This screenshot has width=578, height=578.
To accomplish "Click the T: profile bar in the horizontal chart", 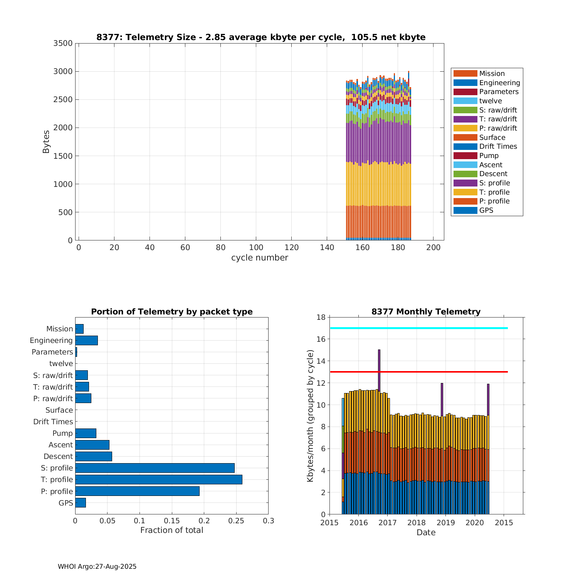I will tap(159, 479).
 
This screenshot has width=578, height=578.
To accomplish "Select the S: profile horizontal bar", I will tap(155, 468).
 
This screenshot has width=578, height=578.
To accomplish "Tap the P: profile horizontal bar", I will tap(137, 491).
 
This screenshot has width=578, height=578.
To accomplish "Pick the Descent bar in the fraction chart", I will tap(94, 456).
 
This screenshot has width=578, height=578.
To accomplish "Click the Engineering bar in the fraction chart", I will tap(86, 340).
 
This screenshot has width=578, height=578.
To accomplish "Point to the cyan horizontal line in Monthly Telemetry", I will tap(419, 328).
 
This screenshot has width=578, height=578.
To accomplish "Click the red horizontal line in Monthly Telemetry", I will tap(419, 372).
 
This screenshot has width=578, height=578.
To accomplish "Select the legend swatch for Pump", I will tap(465, 156).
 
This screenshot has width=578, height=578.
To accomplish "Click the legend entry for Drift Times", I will tap(498, 146).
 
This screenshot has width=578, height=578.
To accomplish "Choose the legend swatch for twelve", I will tap(465, 101).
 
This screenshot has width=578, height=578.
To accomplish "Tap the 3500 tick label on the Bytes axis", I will tap(63, 43).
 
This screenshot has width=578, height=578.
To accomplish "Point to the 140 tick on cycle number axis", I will tap(327, 247).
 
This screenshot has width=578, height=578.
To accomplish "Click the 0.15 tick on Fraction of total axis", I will tap(172, 521).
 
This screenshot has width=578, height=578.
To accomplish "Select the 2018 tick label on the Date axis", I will tap(417, 523).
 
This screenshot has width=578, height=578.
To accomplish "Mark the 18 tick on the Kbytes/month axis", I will tap(321, 317).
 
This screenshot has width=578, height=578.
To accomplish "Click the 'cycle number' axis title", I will tap(259, 258).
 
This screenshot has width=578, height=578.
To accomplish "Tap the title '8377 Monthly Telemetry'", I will tap(426, 312).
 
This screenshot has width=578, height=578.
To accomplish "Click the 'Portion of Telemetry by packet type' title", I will tap(172, 312).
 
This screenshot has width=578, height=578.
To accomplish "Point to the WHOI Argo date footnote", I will tap(97, 566).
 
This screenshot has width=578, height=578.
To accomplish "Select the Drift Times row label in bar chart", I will tap(53, 422).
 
